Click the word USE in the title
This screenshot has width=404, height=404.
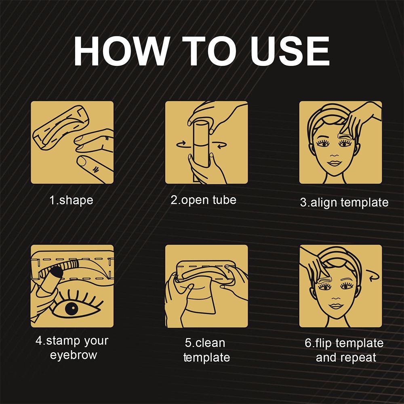(290, 51)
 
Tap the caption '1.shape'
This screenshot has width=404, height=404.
(71, 200)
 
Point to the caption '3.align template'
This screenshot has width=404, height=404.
(344, 202)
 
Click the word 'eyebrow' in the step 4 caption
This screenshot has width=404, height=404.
(74, 355)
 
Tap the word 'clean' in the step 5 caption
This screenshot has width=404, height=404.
(210, 343)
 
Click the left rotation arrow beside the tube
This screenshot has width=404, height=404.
(181, 144)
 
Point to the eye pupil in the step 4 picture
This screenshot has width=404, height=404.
(72, 308)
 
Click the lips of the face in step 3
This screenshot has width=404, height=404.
(334, 164)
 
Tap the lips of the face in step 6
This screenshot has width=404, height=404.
(335, 306)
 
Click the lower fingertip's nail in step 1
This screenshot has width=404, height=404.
(82, 162)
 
